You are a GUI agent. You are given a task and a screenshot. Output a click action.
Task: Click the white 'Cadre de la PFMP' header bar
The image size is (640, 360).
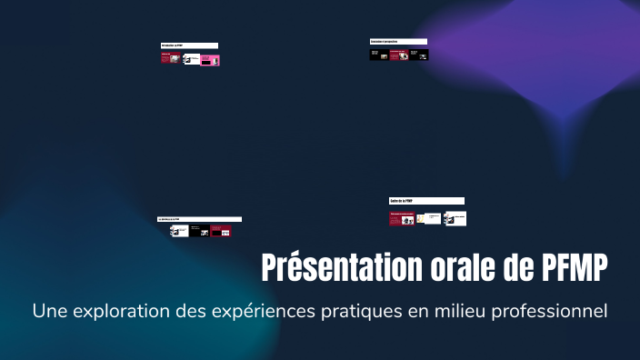(x=426, y=201)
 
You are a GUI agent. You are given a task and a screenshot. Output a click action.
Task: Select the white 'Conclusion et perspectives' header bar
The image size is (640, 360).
(x=398, y=42)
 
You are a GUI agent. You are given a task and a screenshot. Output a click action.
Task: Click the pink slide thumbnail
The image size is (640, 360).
(x=210, y=60)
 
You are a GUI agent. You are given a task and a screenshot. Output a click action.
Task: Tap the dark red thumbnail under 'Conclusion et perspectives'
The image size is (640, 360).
(x=398, y=55)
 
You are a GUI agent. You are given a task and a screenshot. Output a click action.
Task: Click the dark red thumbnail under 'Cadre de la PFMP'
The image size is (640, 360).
(x=402, y=218)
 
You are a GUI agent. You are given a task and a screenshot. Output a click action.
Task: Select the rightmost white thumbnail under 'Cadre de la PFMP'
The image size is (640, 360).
(x=455, y=218)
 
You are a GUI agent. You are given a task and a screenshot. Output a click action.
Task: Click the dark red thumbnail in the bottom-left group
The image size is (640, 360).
(x=221, y=231)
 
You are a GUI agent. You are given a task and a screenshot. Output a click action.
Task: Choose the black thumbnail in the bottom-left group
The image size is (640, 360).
(x=199, y=231)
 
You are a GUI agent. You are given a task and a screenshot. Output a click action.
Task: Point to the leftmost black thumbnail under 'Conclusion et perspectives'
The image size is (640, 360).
(x=378, y=55)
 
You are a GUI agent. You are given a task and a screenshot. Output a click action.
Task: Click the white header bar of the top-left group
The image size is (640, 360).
(x=189, y=45)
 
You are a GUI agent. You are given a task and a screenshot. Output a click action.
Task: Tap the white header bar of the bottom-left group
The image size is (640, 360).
(x=199, y=219)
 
